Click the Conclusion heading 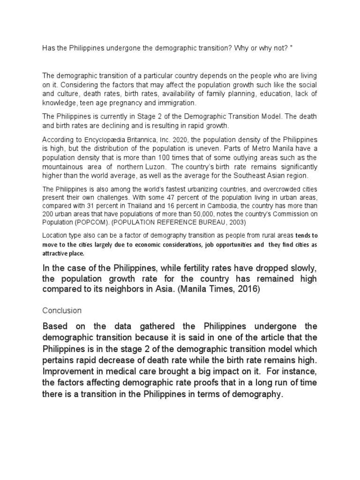[x=62, y=310]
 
